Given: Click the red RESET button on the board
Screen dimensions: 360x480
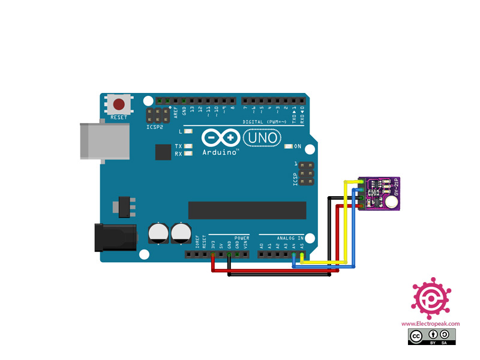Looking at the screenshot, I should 119,104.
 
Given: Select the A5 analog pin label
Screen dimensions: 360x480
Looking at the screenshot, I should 302,246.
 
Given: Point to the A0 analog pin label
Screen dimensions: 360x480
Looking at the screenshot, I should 262,246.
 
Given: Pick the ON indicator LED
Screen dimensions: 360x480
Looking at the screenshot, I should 289,146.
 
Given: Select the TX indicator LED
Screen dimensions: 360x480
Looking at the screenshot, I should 188,146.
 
